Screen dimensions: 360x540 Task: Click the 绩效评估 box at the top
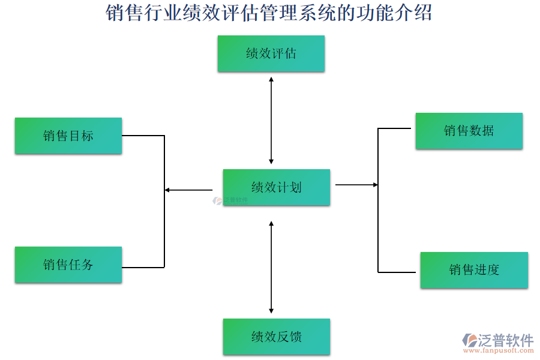(271, 53)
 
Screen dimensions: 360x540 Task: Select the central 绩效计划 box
(276, 187)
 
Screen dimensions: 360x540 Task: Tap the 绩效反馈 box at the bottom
(276, 337)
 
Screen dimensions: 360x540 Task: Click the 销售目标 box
(68, 136)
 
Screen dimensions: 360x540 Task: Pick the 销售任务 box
(68, 265)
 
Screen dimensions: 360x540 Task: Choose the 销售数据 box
(469, 130)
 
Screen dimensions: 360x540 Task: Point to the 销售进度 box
(474, 270)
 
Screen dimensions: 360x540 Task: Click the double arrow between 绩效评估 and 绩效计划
(271, 120)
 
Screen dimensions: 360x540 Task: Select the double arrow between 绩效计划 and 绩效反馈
(271, 267)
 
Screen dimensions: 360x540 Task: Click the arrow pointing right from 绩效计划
(356, 185)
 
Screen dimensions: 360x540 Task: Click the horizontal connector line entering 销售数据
(396, 128)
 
